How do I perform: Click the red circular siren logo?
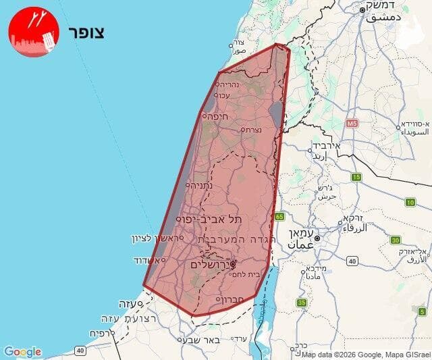[x=34, y=32]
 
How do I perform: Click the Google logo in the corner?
[x=22, y=352]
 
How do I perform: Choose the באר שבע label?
[x=202, y=340]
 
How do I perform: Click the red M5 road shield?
[x=352, y=124]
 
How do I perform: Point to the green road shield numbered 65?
[x=279, y=217]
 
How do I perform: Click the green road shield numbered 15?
[x=356, y=177]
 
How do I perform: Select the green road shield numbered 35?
[x=301, y=303]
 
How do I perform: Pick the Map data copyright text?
[x=365, y=355]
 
